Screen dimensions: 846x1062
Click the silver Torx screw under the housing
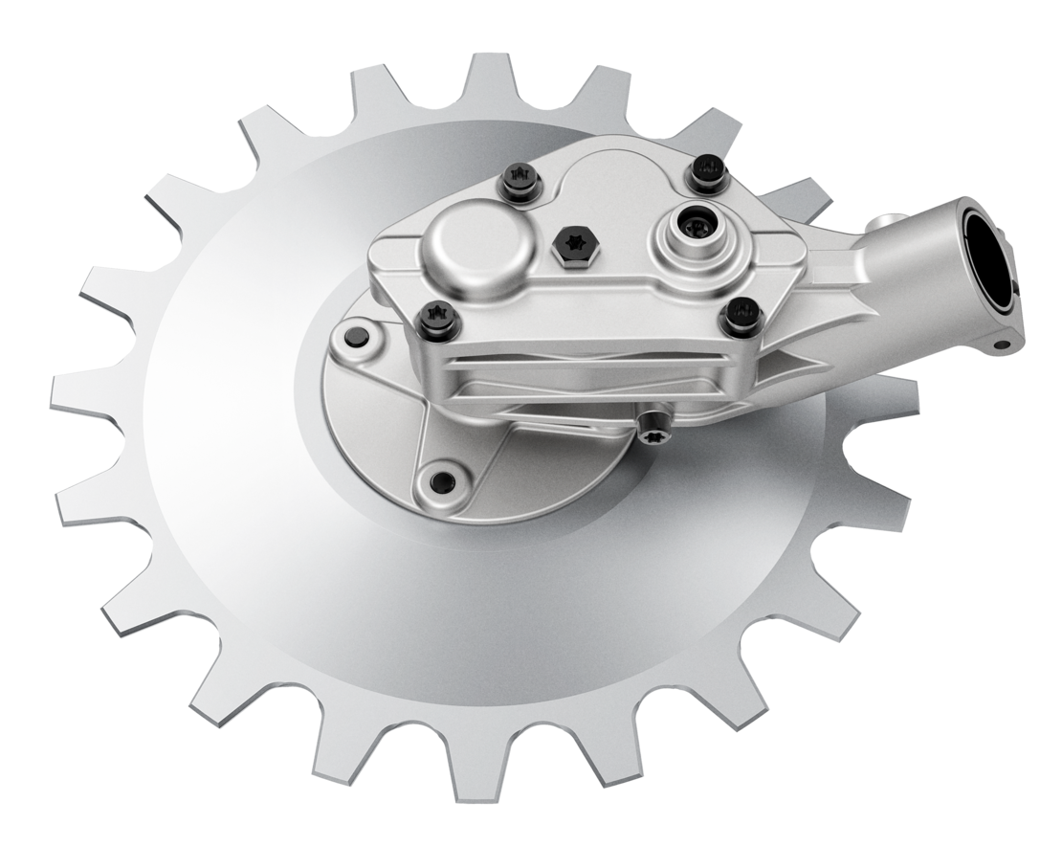tap(655, 426)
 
